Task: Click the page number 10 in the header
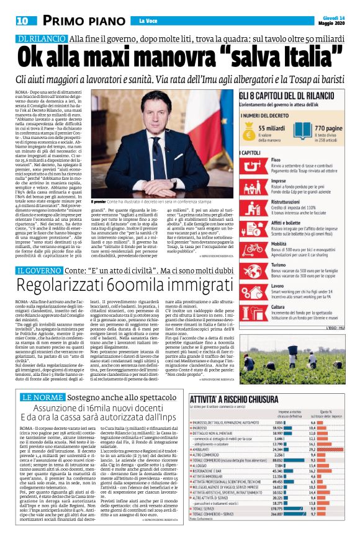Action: coord(21,21)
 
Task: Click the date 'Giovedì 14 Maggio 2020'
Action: coord(333,20)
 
